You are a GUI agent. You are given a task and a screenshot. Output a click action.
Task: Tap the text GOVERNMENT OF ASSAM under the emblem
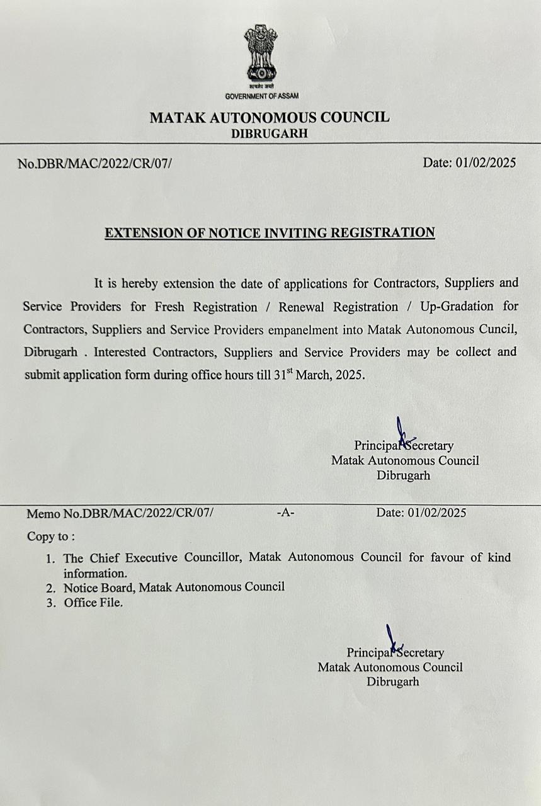(x=262, y=96)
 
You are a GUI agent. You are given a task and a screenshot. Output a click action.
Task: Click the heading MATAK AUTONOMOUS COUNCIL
(x=270, y=117)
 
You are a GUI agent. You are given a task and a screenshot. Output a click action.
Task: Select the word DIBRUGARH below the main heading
(x=270, y=134)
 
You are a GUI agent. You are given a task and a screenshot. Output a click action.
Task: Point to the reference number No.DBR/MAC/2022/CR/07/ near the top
(x=94, y=164)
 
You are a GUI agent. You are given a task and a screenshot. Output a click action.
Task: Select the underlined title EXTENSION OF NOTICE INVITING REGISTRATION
(x=270, y=232)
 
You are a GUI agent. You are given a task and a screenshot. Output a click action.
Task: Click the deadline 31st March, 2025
(x=319, y=373)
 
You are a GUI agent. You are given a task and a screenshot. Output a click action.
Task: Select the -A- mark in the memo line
(x=285, y=513)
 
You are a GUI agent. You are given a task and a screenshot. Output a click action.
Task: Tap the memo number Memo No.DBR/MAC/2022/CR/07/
(x=120, y=513)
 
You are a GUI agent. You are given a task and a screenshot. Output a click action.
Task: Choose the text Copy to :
(x=51, y=536)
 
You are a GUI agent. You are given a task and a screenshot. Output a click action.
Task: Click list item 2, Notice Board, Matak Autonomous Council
(x=174, y=587)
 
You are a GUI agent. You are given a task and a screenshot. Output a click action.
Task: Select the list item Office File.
(x=93, y=603)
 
